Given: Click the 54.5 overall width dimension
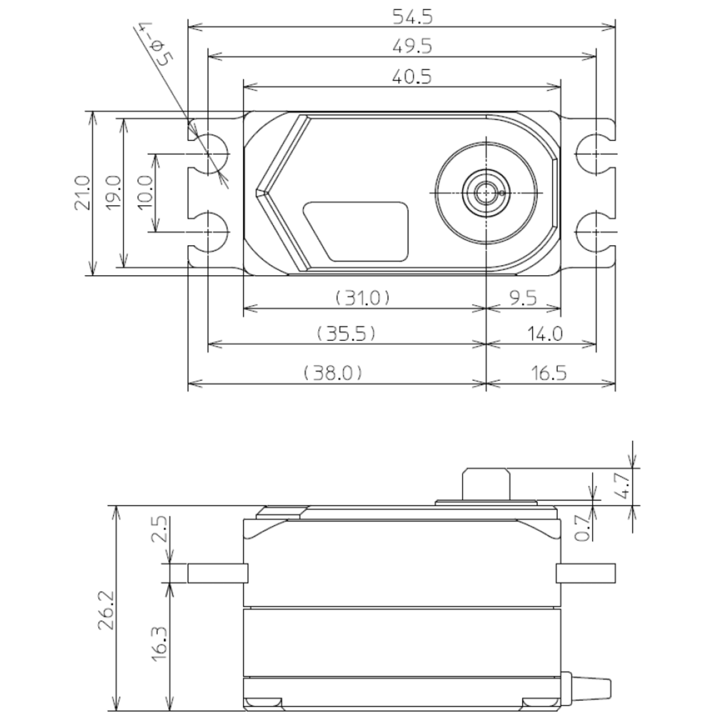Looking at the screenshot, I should pos(412,17).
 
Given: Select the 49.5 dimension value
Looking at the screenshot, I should pos(412,46).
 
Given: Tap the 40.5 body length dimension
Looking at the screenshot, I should pos(412,77).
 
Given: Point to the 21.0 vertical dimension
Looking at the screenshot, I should pos(81,193).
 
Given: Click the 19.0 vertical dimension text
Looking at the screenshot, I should pos(113,193).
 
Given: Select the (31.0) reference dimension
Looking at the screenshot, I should pos(362,297).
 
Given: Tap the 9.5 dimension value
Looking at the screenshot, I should pos(523,297).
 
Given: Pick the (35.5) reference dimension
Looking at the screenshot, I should pos(347,333).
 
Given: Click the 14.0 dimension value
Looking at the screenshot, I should pos(545,333).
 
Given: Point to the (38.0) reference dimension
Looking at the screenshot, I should pos(333,373).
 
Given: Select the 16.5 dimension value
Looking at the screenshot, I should pos(548,373).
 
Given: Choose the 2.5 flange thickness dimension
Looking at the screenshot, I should pos(159,529).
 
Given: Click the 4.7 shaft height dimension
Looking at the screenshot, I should pos(622,486).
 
